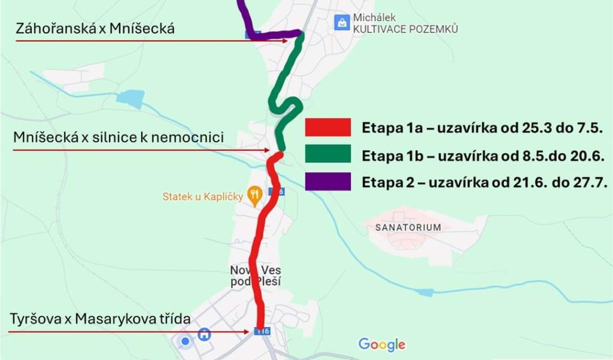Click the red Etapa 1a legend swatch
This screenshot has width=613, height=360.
coord(327,128)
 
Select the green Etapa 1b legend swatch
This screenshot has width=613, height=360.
coord(327,155)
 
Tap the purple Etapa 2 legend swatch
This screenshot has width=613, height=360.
coord(327,181)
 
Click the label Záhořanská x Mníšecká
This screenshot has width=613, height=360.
coord(96,28)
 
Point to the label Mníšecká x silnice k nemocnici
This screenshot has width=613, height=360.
coord(119,138)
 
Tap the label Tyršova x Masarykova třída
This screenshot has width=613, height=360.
coord(101,319)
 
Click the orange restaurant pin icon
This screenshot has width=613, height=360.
coord(256,195)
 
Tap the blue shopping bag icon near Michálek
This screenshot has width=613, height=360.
coord(341,23)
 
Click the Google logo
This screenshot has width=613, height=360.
coord(382,344)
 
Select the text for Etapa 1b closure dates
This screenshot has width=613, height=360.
coord(485,155)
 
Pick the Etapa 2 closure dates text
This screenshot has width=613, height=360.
coord(485,182)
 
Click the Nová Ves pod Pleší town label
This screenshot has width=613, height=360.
coord(256,276)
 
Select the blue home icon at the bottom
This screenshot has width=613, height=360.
coord(205,334)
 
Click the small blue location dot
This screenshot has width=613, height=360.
coord(186,342)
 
